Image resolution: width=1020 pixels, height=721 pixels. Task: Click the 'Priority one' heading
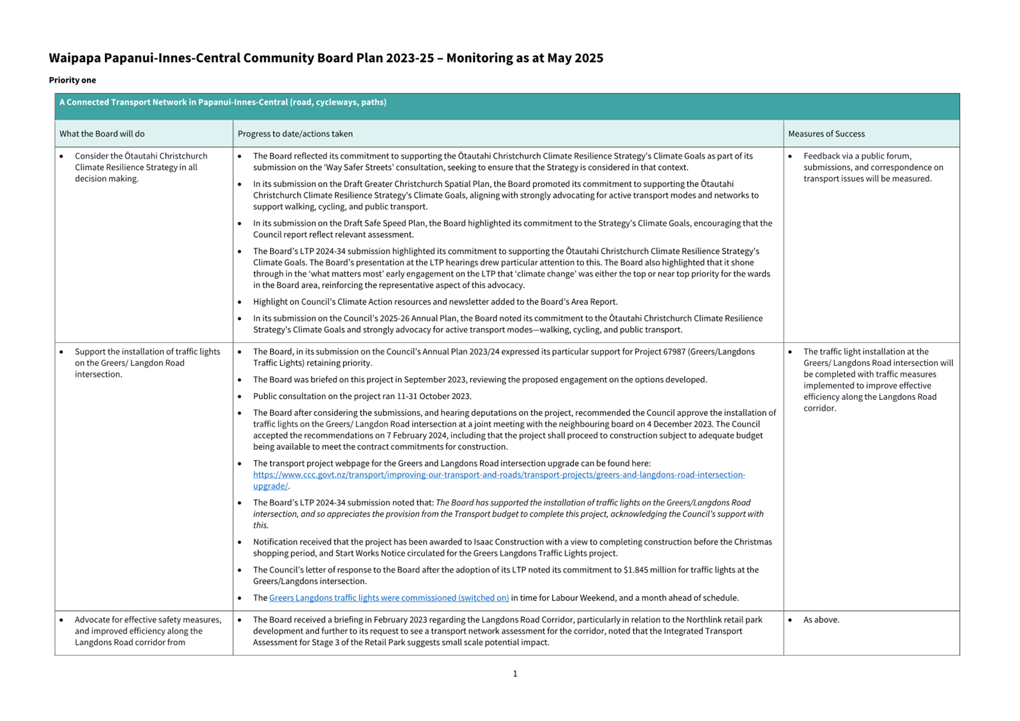click(x=72, y=80)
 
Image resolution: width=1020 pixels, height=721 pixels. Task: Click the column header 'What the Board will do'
click(x=102, y=134)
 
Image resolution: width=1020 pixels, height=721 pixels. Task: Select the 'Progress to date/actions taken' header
click(x=295, y=134)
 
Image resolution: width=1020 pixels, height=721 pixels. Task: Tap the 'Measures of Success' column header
click(x=826, y=134)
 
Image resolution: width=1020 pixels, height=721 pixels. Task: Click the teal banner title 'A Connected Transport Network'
click(x=222, y=102)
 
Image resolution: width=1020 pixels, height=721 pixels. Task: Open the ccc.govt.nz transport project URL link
click(x=499, y=475)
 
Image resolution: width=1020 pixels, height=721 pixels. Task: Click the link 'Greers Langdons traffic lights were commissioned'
click(x=389, y=598)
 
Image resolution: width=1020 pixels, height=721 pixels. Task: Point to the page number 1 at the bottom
click(x=515, y=674)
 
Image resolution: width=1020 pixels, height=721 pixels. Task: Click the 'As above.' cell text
click(x=821, y=620)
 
